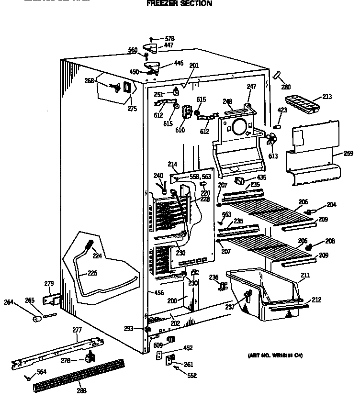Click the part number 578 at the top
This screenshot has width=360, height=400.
(169, 38)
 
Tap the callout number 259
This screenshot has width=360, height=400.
(349, 154)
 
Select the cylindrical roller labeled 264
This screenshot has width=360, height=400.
(35, 319)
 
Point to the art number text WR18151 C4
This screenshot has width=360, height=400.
(275, 356)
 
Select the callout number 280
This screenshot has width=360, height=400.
(286, 87)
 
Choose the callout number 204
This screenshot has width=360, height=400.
(331, 205)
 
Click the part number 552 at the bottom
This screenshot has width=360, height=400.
(192, 376)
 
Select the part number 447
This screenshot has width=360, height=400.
(169, 45)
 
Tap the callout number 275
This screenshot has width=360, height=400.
(132, 109)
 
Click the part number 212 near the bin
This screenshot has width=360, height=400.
(316, 300)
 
